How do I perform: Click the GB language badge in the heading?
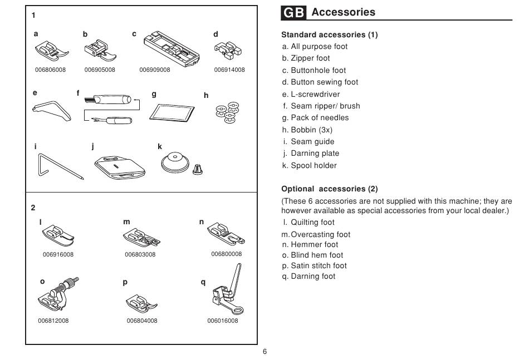point(293,12)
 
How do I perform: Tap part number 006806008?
point(50,70)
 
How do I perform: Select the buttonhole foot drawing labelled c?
point(172,48)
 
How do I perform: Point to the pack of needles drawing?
point(172,112)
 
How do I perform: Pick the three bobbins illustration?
point(228,112)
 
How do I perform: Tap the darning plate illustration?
point(120,167)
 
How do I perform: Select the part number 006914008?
point(229,70)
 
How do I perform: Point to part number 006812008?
point(53,320)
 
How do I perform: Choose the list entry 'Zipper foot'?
point(306,58)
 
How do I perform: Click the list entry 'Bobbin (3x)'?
point(307,130)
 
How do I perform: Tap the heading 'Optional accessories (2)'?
point(330,189)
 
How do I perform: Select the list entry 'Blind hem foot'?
point(313,255)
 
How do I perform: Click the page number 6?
point(265,352)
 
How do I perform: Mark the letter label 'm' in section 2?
point(126,222)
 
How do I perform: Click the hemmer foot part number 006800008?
point(227,254)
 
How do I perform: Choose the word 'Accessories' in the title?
point(343,12)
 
